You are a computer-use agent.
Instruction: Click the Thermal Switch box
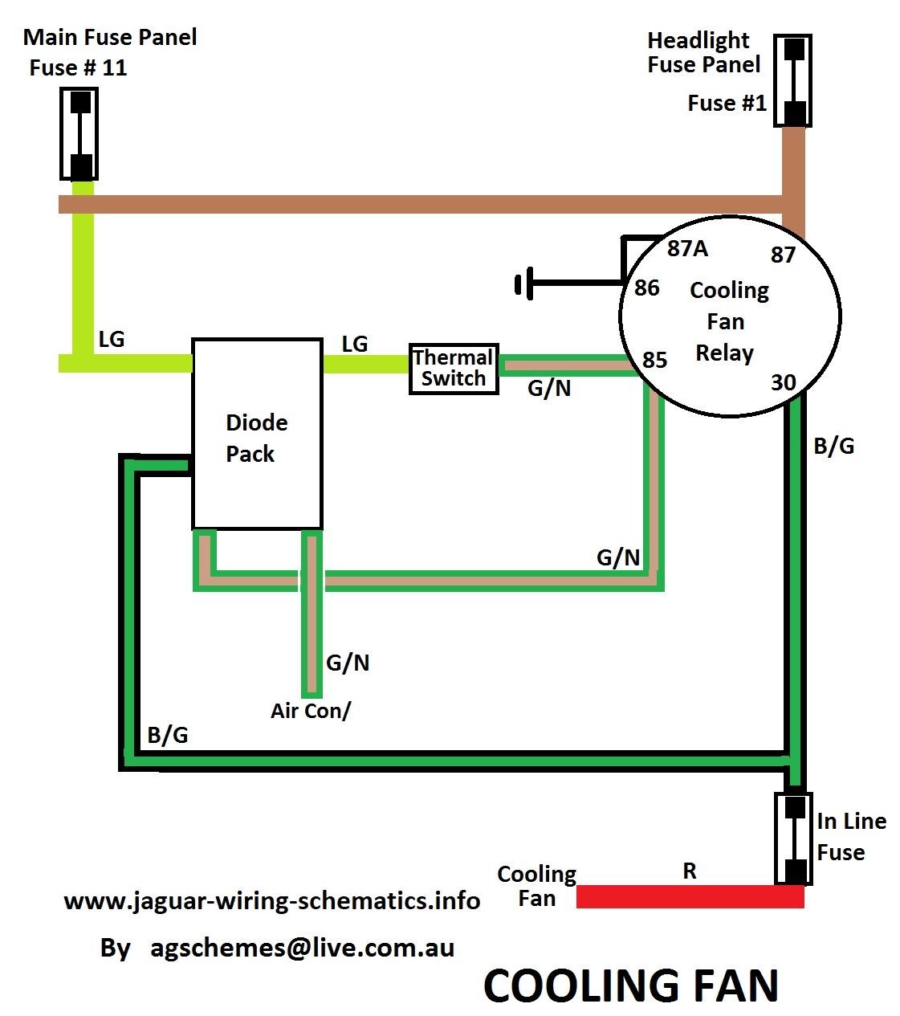click(454, 368)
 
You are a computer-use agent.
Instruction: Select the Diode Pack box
click(257, 434)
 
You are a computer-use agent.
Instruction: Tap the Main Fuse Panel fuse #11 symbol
click(79, 133)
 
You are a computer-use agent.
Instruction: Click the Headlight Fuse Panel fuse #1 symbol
click(793, 80)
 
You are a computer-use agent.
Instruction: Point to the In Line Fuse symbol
click(794, 839)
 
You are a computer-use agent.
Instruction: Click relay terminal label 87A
click(687, 249)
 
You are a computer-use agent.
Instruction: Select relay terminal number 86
click(647, 288)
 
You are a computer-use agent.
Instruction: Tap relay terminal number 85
click(655, 360)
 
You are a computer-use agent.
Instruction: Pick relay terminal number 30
click(783, 382)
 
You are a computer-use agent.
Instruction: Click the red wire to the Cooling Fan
click(690, 896)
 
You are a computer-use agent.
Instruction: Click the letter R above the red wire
click(690, 871)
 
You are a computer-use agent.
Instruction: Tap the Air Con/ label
click(311, 711)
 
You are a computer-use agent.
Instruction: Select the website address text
click(271, 901)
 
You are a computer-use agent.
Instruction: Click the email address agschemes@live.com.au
click(302, 948)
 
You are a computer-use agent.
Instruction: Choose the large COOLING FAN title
click(631, 985)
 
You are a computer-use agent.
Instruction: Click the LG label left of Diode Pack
click(112, 339)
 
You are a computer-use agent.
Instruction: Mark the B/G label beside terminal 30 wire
click(834, 446)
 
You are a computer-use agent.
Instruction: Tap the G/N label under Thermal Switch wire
click(549, 389)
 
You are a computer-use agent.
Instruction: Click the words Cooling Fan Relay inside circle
click(727, 321)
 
